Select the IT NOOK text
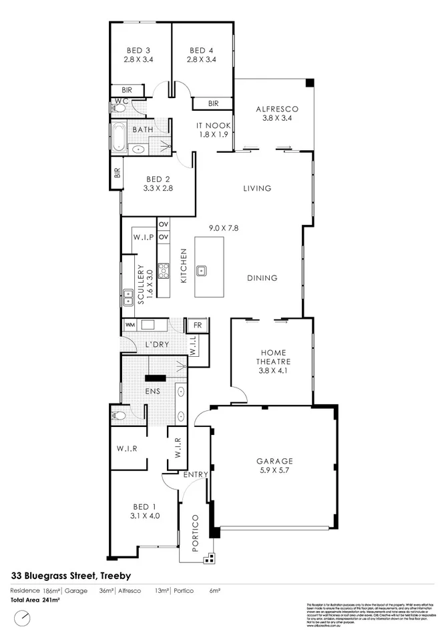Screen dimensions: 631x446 213,125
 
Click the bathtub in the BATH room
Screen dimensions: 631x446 119,137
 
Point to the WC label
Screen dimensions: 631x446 121,101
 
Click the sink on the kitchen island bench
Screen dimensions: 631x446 201,270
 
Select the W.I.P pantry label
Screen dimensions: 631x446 144,237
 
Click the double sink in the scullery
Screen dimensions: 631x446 127,293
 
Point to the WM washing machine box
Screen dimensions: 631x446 130,325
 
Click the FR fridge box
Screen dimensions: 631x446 197,325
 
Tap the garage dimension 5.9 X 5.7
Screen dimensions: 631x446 275,470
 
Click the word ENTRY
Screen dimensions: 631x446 197,474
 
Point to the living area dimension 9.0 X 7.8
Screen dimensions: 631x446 224,227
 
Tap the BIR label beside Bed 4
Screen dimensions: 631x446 213,103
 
